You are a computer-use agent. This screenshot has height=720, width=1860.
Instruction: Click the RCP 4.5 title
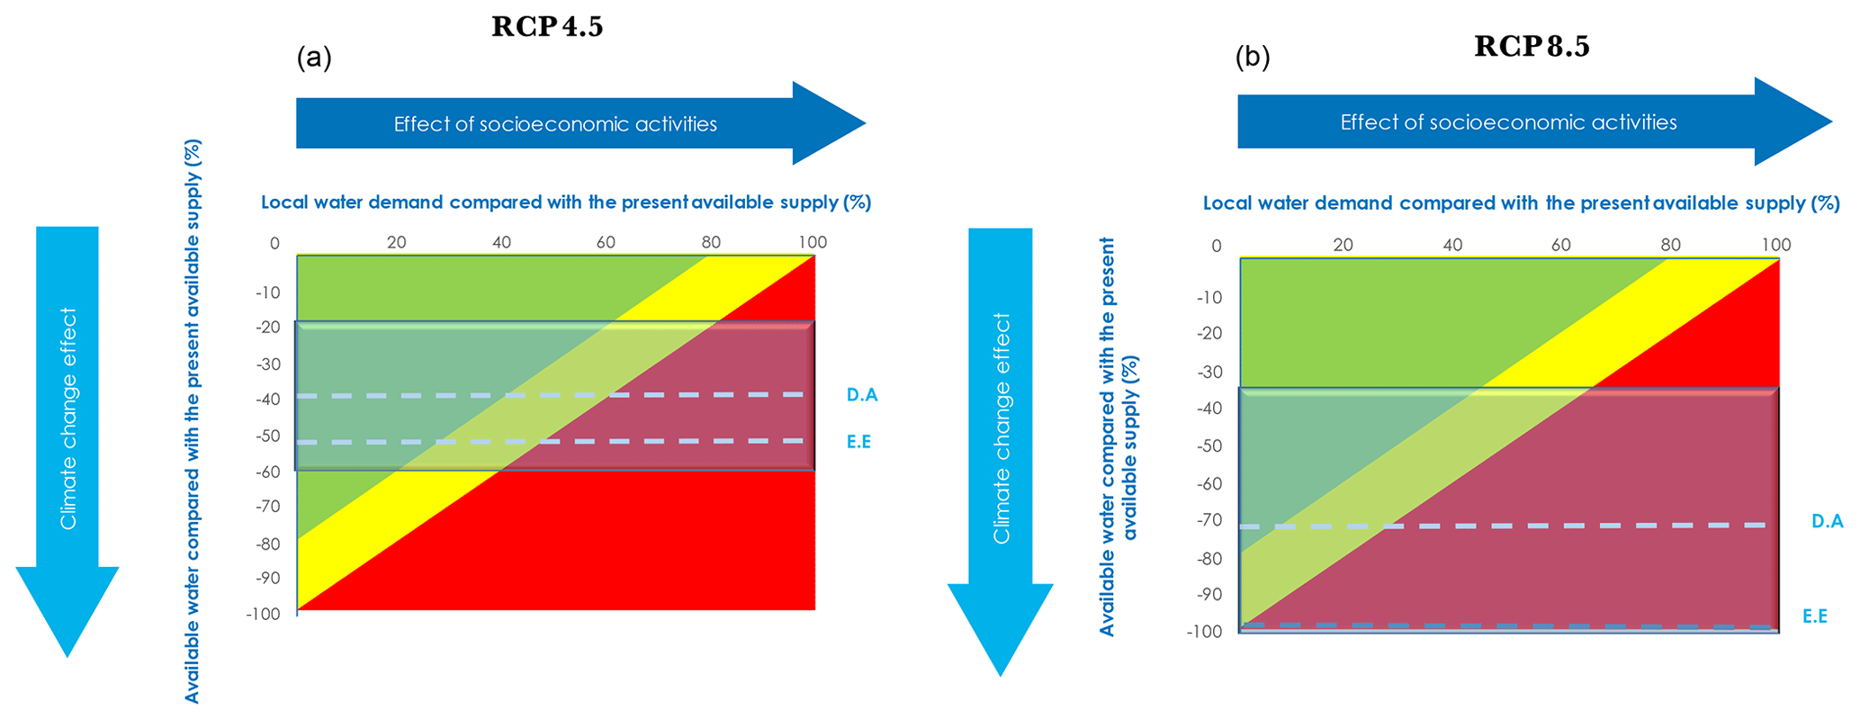coord(547,27)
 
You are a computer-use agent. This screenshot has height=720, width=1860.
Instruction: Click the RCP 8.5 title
coord(1532,47)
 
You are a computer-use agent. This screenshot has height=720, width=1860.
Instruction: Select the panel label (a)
coord(314,58)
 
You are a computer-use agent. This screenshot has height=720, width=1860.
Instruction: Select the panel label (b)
coord(1253,58)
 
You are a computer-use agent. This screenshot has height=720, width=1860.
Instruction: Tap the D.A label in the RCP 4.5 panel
coord(861,394)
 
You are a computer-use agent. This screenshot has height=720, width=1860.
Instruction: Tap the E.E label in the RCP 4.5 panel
coord(858,442)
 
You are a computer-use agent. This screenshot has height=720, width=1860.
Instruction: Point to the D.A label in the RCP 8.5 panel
coord(1827,521)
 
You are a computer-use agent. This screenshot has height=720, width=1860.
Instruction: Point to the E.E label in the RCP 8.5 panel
coord(1814,616)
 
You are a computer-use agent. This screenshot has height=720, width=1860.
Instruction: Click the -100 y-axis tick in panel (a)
coord(263,614)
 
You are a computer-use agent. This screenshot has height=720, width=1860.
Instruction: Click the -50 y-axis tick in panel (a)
coord(266,436)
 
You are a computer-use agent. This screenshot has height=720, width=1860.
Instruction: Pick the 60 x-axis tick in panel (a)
coord(606,242)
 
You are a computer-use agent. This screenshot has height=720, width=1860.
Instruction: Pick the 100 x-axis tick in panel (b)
coord(1775,245)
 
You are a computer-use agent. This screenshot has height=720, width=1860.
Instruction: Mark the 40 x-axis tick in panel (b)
coord(1451,245)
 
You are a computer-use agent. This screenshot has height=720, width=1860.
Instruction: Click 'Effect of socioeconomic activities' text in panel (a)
coord(555,124)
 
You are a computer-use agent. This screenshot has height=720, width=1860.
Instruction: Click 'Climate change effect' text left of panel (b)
coord(1002,428)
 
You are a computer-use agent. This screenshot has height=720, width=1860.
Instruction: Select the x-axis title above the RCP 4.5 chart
coord(566,202)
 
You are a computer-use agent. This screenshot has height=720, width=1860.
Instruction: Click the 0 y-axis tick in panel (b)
coord(1216,247)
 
